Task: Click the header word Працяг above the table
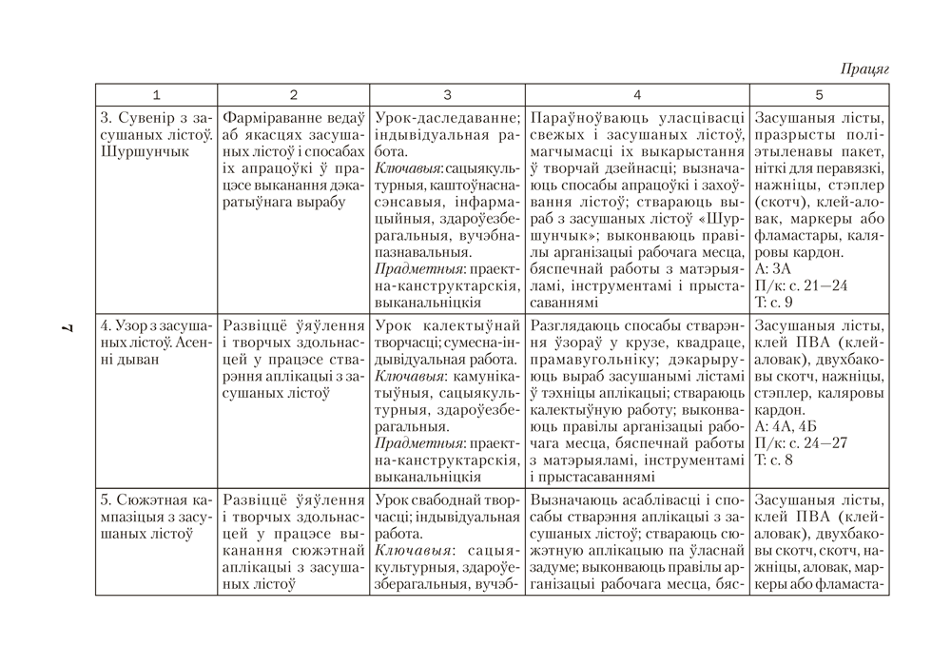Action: (864, 69)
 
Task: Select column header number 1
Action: (157, 94)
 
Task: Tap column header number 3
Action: (447, 94)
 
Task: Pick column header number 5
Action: (819, 94)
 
